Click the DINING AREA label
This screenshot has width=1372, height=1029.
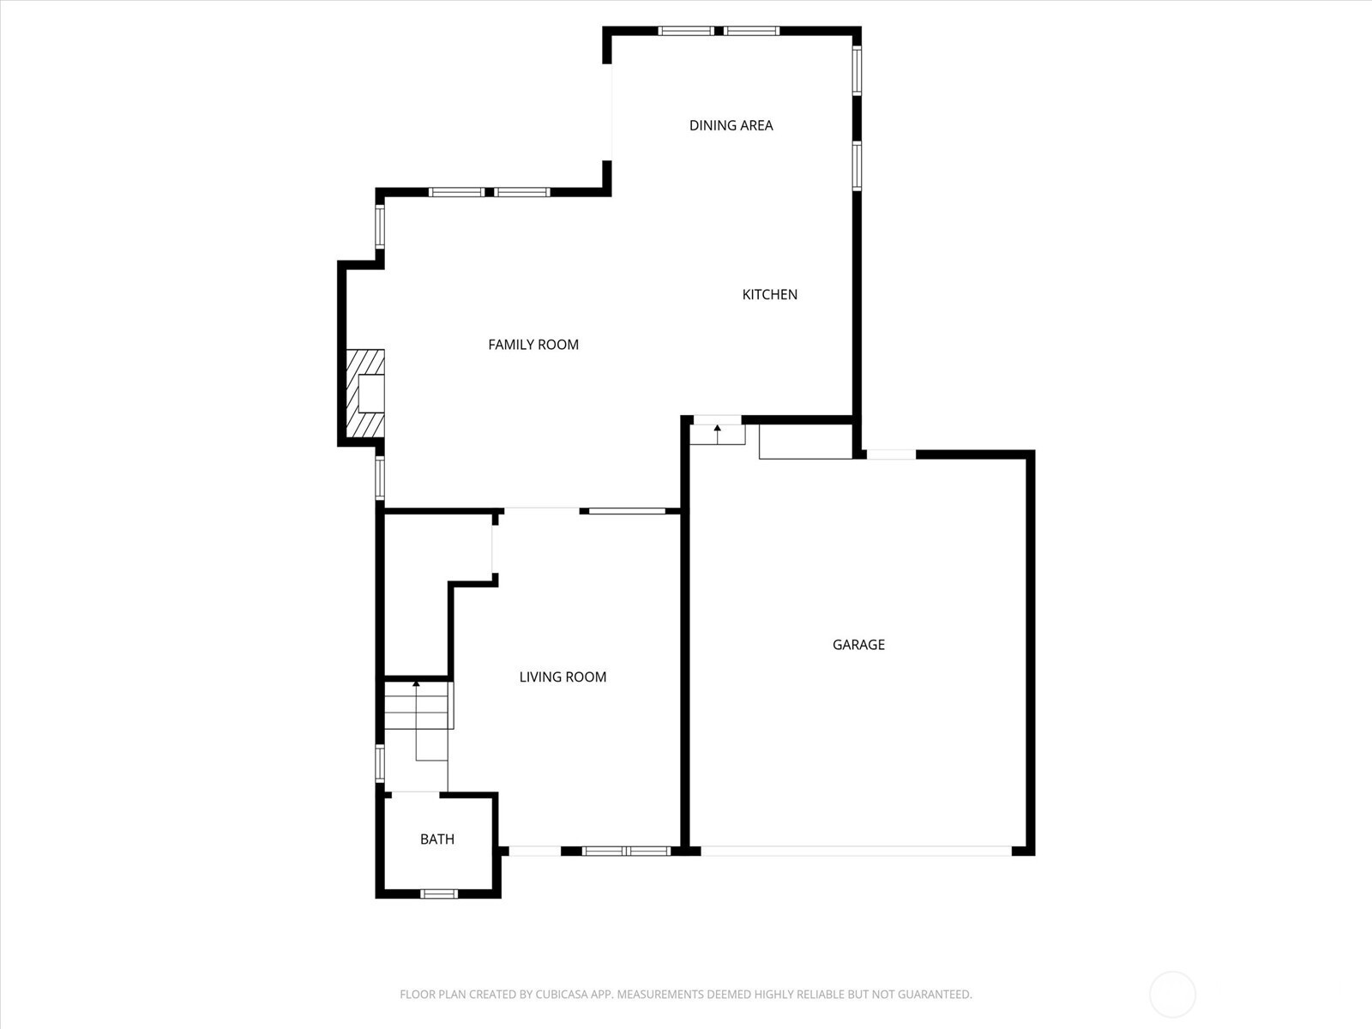tap(731, 125)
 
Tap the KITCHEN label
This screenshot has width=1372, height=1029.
tap(769, 295)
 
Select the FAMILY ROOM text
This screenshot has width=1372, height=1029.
tap(533, 345)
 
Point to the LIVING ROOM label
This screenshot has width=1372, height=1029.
tap(563, 677)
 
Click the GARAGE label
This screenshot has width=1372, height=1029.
tap(858, 645)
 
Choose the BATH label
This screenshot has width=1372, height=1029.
tap(437, 839)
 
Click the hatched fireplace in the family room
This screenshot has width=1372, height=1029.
tap(365, 394)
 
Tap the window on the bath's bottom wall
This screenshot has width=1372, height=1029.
tap(439, 894)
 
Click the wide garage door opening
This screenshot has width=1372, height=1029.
tap(856, 851)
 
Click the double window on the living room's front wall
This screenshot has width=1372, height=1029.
tap(626, 851)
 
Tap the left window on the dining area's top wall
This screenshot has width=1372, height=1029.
tap(686, 31)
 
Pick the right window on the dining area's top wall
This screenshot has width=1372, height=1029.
tap(752, 31)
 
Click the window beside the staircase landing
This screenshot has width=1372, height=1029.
tap(379, 763)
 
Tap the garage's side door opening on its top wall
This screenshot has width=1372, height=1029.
tap(891, 454)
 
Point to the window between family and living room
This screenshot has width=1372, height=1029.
tap(627, 511)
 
